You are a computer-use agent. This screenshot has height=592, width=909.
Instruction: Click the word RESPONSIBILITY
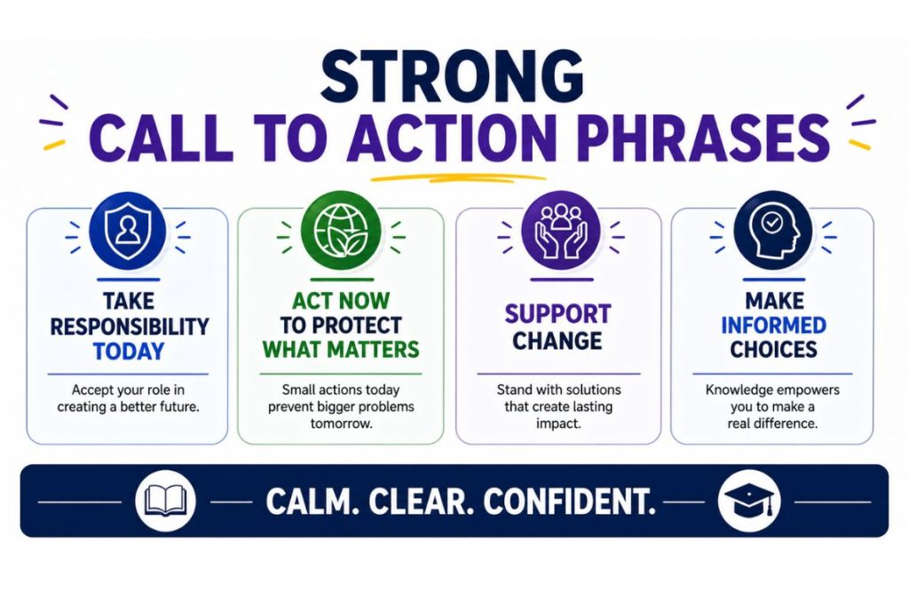pyautogui.click(x=130, y=326)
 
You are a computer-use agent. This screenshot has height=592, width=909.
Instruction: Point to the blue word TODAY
pyautogui.click(x=130, y=351)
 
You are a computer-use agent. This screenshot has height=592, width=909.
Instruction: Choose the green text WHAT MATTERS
pyautogui.click(x=340, y=349)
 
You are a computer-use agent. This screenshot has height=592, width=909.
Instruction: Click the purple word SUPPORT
pyautogui.click(x=557, y=313)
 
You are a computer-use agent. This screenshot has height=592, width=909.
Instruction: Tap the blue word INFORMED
pyautogui.click(x=772, y=325)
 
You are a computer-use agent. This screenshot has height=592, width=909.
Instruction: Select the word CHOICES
pyautogui.click(x=772, y=350)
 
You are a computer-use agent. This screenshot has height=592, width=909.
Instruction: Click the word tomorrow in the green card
pyautogui.click(x=340, y=423)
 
